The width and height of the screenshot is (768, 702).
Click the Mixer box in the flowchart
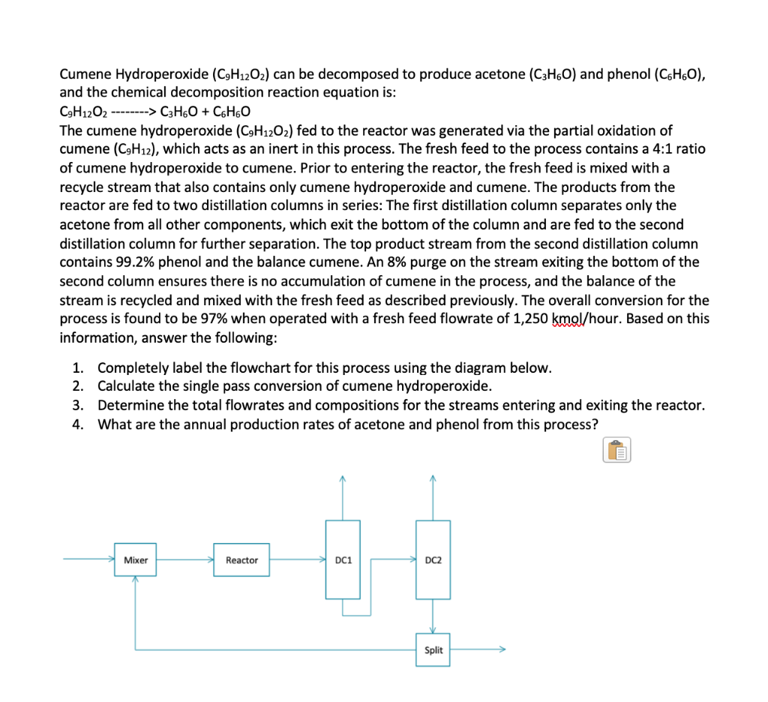[x=135, y=560]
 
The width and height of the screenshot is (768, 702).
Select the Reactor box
[x=241, y=560]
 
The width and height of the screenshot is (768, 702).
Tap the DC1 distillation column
[x=343, y=559]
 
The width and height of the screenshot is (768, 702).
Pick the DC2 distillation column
[x=433, y=559]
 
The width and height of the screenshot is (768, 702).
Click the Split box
[x=433, y=650]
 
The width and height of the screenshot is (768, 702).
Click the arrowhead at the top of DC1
[x=343, y=478]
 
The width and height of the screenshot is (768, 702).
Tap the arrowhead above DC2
[x=433, y=478]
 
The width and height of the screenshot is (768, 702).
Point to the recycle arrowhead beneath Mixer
[x=135, y=580]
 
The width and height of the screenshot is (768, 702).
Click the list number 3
[x=78, y=406]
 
